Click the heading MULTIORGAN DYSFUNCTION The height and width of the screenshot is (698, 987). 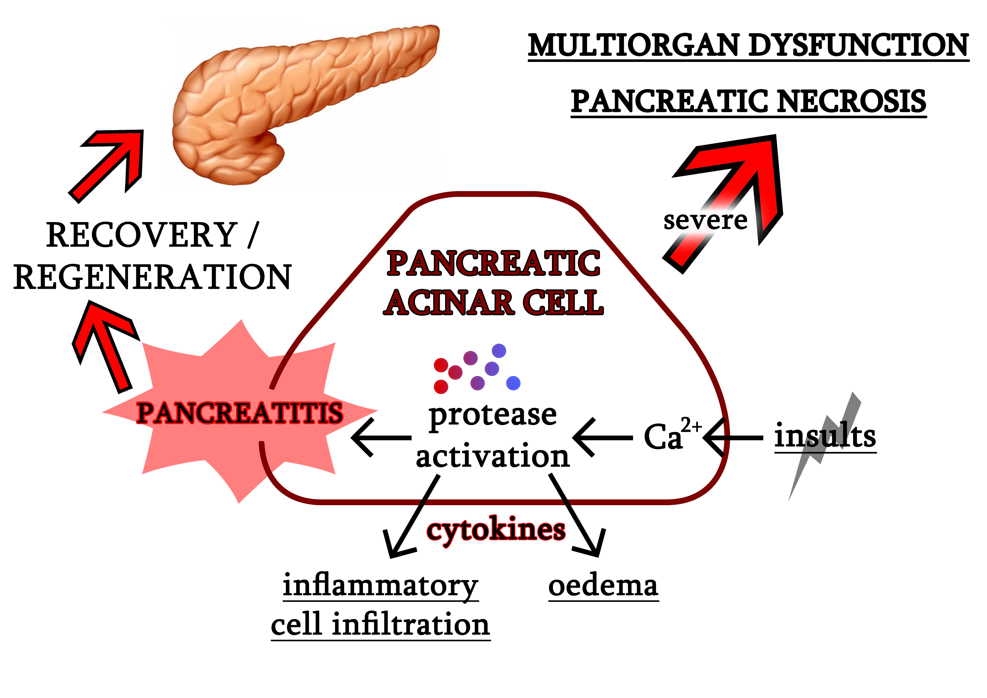(x=748, y=46)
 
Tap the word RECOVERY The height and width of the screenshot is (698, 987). (x=142, y=235)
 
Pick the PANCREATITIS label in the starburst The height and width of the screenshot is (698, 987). (x=239, y=413)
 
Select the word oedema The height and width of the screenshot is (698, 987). (x=603, y=586)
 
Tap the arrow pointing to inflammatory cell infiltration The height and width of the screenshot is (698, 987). (x=413, y=516)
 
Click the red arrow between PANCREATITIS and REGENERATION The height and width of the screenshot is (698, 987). (x=105, y=344)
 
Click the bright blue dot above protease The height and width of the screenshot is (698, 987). (x=513, y=383)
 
